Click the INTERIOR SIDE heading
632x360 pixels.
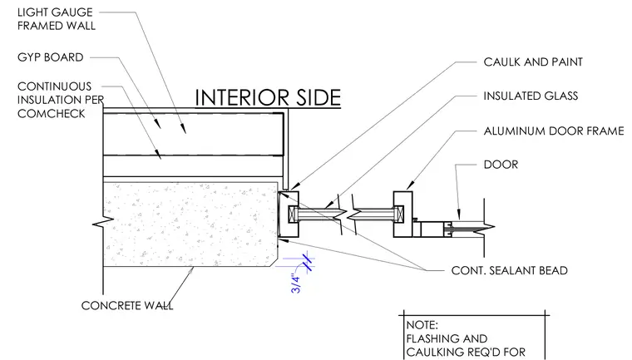point(268,97)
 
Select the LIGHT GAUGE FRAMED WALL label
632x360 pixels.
point(57,19)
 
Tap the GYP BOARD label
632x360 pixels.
point(51,57)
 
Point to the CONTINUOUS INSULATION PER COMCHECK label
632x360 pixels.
point(61,100)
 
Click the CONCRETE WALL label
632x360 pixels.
point(127,306)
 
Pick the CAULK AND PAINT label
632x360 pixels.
point(533,62)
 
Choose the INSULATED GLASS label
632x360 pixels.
point(531,96)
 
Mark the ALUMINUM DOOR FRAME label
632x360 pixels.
point(554,131)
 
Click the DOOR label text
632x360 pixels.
point(501,165)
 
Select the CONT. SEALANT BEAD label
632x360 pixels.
point(510,270)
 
